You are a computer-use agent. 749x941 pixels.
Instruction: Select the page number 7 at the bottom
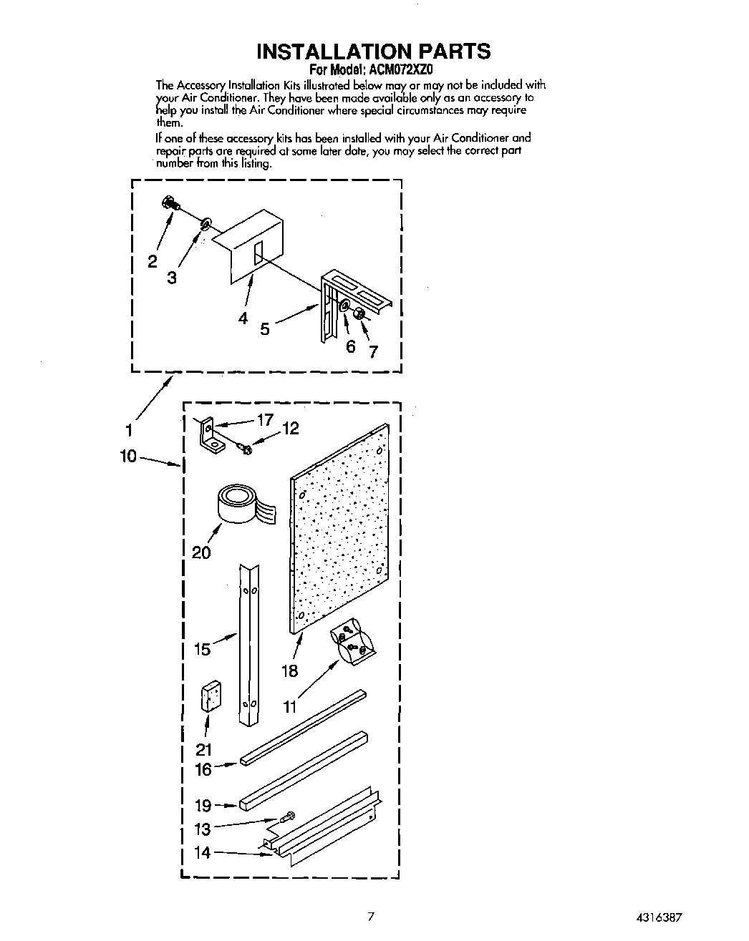pos(370,916)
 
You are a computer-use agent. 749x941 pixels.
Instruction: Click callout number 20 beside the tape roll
pos(201,552)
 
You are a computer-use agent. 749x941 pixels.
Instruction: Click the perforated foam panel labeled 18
pos(340,530)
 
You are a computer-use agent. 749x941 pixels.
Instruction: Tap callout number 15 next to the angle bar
pos(202,649)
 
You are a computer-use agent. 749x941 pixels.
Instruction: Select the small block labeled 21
pos(211,696)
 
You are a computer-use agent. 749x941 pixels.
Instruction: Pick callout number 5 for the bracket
pos(264,329)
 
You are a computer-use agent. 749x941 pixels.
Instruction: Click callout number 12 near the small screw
pos(290,429)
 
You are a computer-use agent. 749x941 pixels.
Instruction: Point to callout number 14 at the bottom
pos(203,852)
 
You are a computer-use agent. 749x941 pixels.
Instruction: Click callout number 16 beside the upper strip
pos(203,769)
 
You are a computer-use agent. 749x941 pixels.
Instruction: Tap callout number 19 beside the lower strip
pos(203,806)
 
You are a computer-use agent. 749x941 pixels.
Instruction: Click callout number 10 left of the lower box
pos(128,456)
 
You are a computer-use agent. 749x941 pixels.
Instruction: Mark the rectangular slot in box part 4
pos(259,255)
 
